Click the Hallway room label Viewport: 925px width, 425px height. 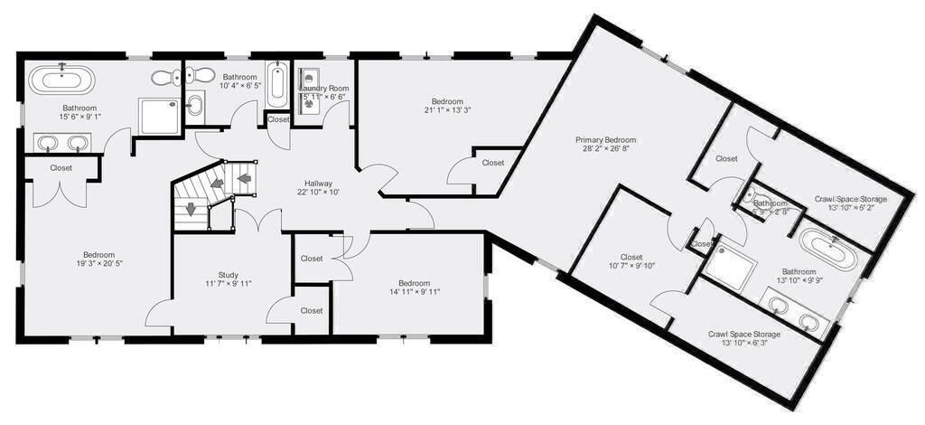point(319,181)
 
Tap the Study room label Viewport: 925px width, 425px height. point(228,274)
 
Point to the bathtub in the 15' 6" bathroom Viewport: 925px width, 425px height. point(61,80)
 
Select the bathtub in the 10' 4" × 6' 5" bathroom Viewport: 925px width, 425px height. point(278,85)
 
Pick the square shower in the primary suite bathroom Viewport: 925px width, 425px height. point(730,265)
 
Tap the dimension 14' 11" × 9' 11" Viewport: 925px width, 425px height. point(408,292)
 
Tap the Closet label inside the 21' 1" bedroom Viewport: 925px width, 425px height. point(492,163)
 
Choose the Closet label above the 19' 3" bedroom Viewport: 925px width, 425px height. point(61,168)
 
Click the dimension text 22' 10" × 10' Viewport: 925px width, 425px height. point(319,192)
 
